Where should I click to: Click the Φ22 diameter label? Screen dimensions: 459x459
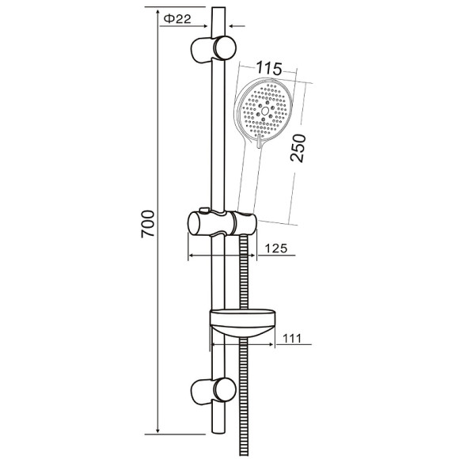point(177,19)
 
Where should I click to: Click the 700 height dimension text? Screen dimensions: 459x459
point(148,224)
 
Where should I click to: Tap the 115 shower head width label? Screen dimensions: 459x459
point(269,69)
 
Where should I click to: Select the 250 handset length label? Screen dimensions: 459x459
point(298,148)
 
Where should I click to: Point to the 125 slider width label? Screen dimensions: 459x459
point(275,248)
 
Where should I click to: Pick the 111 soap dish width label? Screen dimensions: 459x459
point(292,339)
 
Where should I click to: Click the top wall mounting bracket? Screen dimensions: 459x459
point(214,49)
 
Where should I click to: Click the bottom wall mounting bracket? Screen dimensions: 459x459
point(214,391)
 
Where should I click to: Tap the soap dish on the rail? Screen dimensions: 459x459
point(243,323)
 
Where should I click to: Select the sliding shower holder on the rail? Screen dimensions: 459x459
point(222,223)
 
